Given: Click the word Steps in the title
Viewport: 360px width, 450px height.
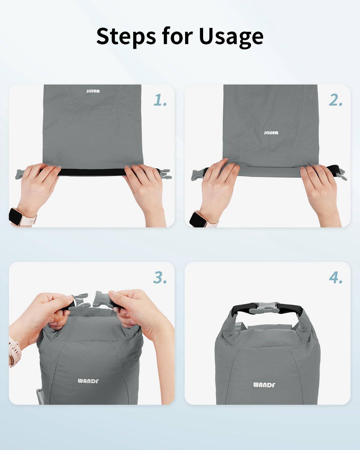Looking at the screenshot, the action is (x=126, y=36).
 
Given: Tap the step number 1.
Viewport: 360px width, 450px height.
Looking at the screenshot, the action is (x=160, y=100).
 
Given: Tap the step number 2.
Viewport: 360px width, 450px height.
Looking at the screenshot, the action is (x=335, y=100).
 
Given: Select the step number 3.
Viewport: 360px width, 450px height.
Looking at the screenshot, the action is (x=160, y=278).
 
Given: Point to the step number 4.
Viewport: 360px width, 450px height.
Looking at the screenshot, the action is (x=336, y=278).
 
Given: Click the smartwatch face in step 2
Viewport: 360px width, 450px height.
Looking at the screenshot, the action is (x=198, y=220).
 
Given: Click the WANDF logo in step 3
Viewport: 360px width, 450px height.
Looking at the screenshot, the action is (x=88, y=381).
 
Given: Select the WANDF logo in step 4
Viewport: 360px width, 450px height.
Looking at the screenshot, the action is (x=264, y=385).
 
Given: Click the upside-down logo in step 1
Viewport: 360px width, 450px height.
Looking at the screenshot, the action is (x=93, y=91).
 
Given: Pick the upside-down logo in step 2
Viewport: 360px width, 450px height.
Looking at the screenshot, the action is (x=271, y=133).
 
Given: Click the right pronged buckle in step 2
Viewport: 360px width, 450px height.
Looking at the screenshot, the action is (x=340, y=174).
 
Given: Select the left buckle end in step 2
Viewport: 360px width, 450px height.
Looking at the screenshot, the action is (x=198, y=175).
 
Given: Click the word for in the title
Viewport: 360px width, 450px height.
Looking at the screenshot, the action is (x=177, y=36).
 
